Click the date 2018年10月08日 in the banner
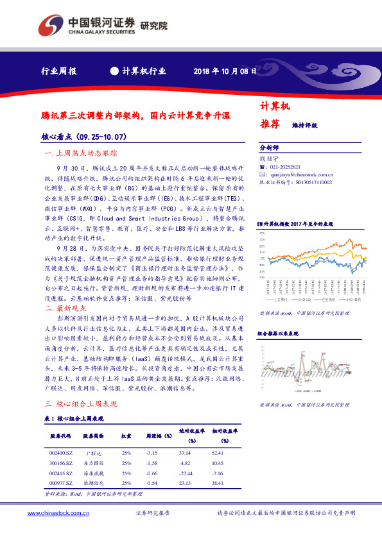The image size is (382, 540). click(225, 71)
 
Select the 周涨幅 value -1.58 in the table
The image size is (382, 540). click(152, 463)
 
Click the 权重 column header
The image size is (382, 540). click(126, 435)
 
